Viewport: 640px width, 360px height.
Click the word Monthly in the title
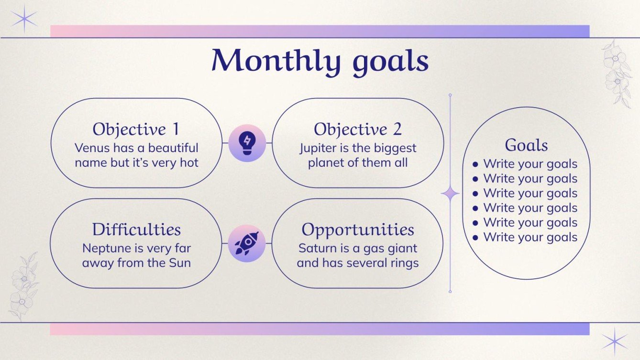276,61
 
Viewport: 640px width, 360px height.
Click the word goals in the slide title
390,63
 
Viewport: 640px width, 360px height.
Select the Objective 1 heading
136,129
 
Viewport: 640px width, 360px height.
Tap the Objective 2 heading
357,129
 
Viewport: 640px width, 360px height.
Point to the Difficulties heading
136,229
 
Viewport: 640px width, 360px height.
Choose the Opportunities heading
357,229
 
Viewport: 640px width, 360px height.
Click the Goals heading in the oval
526,145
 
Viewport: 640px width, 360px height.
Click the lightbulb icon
247,142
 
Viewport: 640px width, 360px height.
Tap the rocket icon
247,243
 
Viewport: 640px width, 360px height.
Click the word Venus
91,148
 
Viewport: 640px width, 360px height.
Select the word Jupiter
318,148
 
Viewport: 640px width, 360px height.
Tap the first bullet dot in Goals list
475,164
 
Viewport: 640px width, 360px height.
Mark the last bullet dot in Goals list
475,237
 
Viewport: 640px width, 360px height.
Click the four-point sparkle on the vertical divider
450,194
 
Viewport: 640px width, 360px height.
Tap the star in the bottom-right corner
615,341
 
